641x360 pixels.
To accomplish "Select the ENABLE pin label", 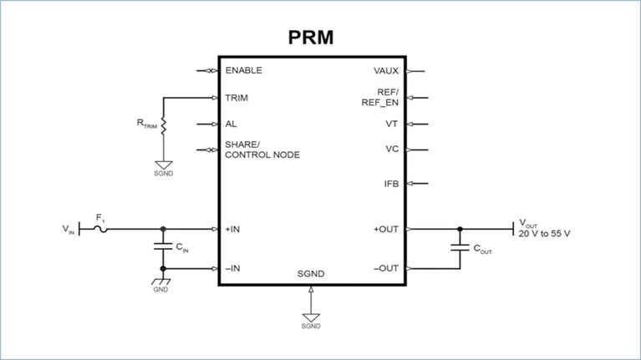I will (x=244, y=71).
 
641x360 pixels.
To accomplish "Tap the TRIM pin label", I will (x=237, y=98).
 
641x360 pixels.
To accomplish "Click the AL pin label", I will (x=231, y=124).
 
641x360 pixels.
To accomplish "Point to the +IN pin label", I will (x=233, y=228).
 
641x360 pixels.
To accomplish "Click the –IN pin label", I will (x=233, y=268).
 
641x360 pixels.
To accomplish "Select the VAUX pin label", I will (x=386, y=71).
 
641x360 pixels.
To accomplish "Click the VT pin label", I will (x=391, y=124).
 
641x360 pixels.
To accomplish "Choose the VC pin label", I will (x=391, y=150).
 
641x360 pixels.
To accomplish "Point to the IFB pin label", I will (x=390, y=183).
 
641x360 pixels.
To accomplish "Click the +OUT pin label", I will (x=385, y=228).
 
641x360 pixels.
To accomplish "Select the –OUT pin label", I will (x=385, y=268).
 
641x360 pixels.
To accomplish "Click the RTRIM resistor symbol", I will (x=164, y=125).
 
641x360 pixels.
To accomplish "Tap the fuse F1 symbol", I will (x=100, y=227).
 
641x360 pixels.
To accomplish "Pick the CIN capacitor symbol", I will (x=162, y=247).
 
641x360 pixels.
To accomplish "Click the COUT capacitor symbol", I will (x=459, y=247).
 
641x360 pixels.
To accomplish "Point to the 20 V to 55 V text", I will (x=544, y=234).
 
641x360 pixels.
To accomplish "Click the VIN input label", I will (x=68, y=228).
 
